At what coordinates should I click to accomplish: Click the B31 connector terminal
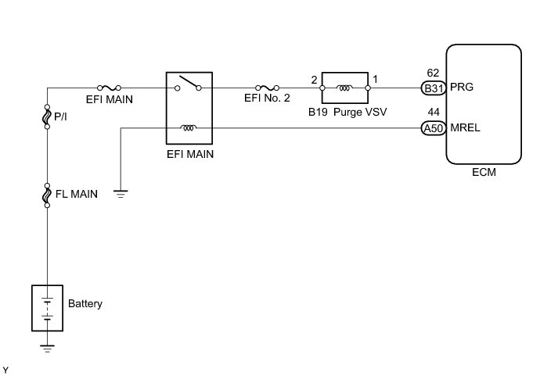coord(434,88)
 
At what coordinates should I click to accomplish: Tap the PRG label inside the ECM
coord(462,88)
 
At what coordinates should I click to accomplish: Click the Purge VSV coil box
coord(345,88)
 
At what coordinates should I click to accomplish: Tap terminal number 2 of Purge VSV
coord(314,79)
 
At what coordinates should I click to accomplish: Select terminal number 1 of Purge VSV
coord(376,79)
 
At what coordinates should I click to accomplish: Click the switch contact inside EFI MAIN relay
coord(189,84)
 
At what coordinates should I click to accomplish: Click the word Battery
coord(85,303)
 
